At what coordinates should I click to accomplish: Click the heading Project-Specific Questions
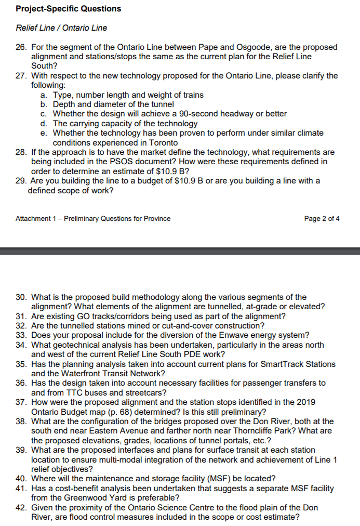coord(68,9)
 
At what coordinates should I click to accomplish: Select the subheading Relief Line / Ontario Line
coord(61,28)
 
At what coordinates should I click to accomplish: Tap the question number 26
coord(21,47)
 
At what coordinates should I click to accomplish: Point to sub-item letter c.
coord(43,113)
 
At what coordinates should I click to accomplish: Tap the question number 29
coord(21,180)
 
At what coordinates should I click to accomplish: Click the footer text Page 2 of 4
coord(322,218)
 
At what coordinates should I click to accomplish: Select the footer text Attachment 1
coord(37,218)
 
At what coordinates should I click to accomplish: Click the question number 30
coord(21,297)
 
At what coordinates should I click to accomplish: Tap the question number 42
coord(21,507)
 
